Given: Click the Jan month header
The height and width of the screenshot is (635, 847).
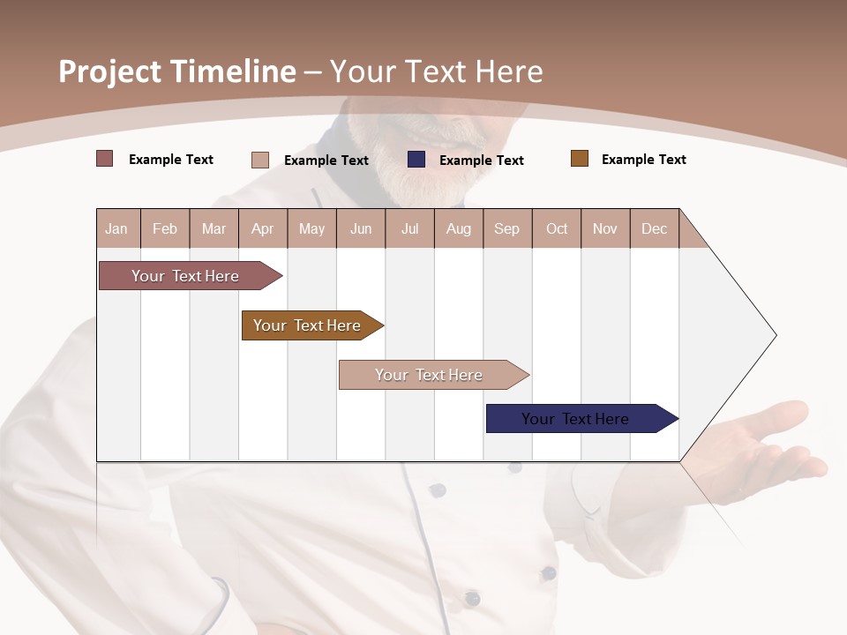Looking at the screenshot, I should click(x=116, y=228).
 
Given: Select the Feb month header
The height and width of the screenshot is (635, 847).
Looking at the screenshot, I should click(x=165, y=228).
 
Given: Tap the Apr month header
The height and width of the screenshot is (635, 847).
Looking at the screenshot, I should click(x=262, y=228).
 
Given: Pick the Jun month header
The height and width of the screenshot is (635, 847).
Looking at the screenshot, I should click(x=361, y=228).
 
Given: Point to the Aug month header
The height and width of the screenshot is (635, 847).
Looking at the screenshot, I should click(x=458, y=228).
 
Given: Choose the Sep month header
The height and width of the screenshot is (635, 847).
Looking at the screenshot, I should click(x=506, y=228).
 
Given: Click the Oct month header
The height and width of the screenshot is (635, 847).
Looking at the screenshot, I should click(x=557, y=228).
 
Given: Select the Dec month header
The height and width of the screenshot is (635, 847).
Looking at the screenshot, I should click(x=654, y=228).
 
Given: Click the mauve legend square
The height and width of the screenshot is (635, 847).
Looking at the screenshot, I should click(x=104, y=159).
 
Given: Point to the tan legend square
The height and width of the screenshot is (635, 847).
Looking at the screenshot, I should click(x=259, y=160).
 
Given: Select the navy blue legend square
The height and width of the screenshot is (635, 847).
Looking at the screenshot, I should click(x=416, y=160).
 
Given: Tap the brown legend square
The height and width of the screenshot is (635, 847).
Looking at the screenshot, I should click(x=579, y=159).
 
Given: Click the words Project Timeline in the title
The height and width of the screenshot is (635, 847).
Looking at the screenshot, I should click(x=176, y=71).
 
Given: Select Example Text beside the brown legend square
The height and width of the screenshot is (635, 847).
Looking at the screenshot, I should click(x=643, y=160).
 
